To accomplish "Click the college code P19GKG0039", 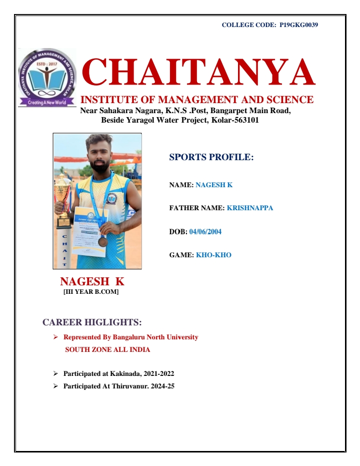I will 299,25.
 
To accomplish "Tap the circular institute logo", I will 47,78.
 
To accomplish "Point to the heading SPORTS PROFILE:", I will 211,157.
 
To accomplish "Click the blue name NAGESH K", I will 214,185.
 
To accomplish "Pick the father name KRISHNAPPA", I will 250,208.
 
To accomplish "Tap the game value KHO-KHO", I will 213,255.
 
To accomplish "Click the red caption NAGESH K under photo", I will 92,281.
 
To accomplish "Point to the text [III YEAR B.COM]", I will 91,292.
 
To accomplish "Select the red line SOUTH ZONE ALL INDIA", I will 107,350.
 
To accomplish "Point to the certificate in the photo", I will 90,230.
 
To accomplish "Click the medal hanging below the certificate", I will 102,241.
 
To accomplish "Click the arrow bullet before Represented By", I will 56,337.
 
